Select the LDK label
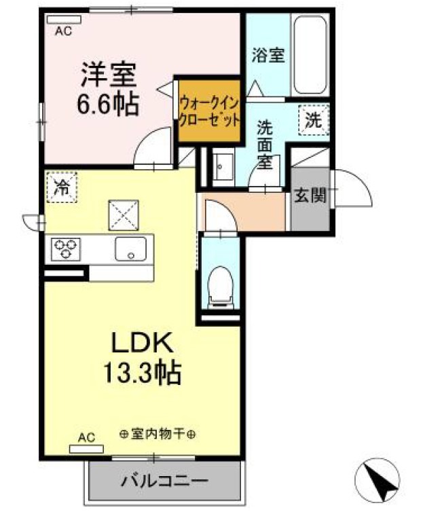(143, 344)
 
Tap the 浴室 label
(267, 55)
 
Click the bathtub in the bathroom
(311, 56)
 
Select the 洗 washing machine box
(313, 120)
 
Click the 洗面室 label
(265, 143)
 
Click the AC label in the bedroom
(63, 31)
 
